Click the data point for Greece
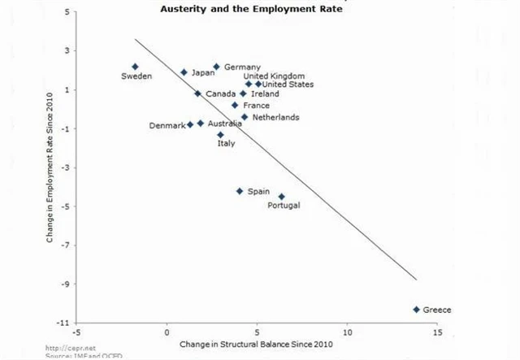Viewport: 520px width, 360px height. coord(416,309)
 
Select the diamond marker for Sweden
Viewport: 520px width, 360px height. coord(135,67)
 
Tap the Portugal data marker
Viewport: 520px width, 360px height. coord(282,197)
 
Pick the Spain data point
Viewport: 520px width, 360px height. coord(240,191)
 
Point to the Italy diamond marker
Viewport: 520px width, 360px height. coord(220,135)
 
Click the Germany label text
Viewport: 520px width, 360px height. coord(242,67)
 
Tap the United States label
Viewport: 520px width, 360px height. coord(288,84)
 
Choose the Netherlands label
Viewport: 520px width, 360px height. coord(275,117)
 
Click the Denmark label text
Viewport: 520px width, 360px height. coord(167,126)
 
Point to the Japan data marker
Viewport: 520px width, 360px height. coord(184,72)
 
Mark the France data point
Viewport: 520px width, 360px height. coord(235,105)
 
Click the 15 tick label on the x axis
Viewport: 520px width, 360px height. coord(438,332)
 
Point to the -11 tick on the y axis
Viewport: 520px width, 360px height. coord(62,323)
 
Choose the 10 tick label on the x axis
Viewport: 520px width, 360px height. coord(348,332)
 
